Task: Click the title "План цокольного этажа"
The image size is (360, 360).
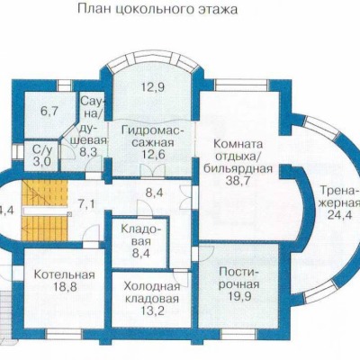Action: click(157, 9)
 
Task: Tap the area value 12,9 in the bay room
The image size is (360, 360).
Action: click(152, 87)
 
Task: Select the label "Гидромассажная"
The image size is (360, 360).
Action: click(153, 137)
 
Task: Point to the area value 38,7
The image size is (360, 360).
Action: click(238, 182)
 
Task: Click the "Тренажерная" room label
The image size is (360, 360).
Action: click(339, 197)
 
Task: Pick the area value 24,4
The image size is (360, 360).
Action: click(339, 215)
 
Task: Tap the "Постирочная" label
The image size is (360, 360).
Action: click(238, 278)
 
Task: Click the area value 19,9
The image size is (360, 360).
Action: click(239, 296)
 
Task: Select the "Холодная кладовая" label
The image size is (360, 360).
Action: click(152, 292)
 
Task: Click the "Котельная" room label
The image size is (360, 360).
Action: click(64, 274)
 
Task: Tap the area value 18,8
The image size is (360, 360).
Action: click(65, 287)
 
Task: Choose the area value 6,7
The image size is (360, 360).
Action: click(49, 112)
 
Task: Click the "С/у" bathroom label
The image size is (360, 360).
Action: click(41, 148)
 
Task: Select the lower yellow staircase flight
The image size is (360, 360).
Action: click(44, 227)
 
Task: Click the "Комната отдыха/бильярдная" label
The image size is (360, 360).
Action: click(238, 157)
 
